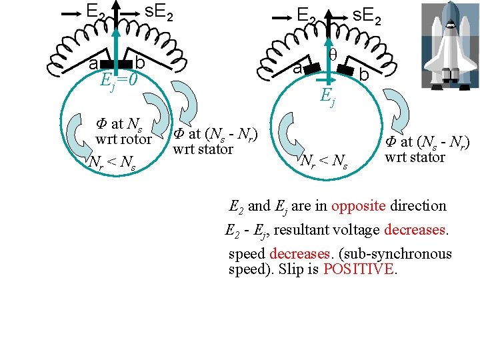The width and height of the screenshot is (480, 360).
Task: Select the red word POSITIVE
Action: (x=359, y=270)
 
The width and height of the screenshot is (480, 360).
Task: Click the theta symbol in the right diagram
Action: (x=333, y=54)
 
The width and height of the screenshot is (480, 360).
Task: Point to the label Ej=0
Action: (x=119, y=80)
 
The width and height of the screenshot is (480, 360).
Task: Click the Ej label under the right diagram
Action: (x=327, y=97)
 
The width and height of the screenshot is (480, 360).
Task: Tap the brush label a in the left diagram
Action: (x=93, y=63)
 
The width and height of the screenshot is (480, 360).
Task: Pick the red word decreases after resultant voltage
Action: (x=415, y=230)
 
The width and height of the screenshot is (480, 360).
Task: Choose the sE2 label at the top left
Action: (x=159, y=12)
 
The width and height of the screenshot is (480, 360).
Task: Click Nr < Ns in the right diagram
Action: (x=324, y=161)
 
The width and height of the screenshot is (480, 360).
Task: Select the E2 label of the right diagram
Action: (x=307, y=14)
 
